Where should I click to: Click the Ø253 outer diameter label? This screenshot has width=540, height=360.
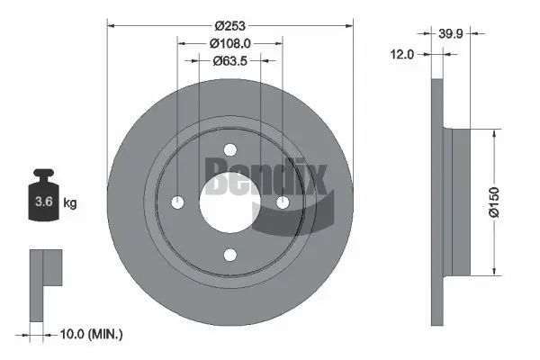[229, 24]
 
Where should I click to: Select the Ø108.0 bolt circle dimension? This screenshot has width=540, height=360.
[229, 42]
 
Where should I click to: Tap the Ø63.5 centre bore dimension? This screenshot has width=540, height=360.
[229, 61]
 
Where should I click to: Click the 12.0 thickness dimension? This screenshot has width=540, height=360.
[402, 54]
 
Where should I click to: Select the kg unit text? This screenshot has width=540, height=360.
[71, 203]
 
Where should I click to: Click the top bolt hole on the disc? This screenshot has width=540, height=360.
[229, 149]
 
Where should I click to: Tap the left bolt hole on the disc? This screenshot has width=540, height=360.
[177, 202]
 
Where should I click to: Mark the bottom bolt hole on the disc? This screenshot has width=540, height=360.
[229, 254]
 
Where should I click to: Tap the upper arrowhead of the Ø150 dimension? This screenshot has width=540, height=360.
[493, 131]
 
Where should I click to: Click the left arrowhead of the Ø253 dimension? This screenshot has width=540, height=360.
[112, 24]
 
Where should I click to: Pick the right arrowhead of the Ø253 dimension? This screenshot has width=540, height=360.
[349, 24]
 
